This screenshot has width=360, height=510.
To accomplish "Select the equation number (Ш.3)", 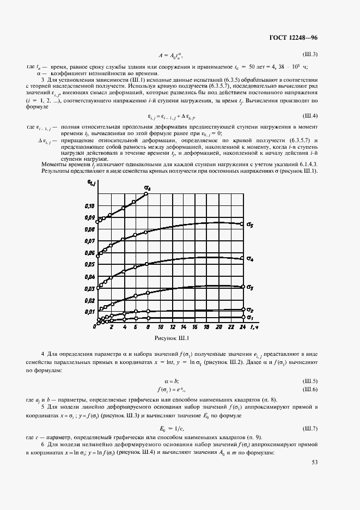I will click(310, 54).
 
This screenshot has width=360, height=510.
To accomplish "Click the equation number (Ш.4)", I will click(310, 116).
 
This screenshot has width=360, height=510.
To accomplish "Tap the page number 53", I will click(314, 462).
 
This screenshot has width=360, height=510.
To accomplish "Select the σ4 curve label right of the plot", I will click(249, 259).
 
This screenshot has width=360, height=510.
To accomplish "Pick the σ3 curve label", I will click(249, 287).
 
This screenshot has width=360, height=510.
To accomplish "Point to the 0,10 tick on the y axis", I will click(89, 206).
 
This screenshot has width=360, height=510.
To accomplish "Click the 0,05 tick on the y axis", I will click(89, 265).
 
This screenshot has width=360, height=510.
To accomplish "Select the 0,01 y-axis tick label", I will click(89, 312).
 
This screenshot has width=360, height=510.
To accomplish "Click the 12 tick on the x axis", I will click(173, 327).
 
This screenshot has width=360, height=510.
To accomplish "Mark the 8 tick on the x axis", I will click(147, 327).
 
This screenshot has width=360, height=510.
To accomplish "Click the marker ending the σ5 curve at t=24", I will click(242, 224).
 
